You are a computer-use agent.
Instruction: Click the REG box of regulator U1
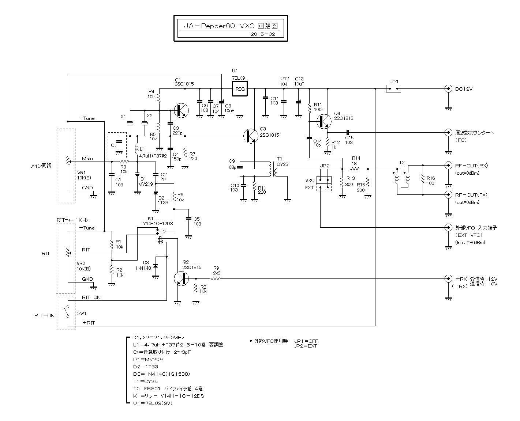click(239, 89)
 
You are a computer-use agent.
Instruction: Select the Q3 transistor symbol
click(251, 136)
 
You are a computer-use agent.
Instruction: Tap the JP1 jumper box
click(393, 88)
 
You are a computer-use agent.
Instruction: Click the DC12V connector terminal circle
click(448, 88)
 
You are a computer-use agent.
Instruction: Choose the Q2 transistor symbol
click(182, 278)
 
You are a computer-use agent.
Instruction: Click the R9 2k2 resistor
click(216, 278)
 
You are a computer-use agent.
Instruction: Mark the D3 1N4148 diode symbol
click(156, 266)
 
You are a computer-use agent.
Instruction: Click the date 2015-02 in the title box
click(263, 34)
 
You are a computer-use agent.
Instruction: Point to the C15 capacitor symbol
click(348, 132)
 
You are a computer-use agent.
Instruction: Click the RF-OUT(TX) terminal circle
click(448, 194)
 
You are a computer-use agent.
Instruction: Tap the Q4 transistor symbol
click(324, 121)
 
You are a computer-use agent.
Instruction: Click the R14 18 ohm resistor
click(355, 169)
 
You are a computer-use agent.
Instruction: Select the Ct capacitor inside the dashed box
click(119, 141)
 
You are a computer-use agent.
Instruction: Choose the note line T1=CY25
click(145, 381)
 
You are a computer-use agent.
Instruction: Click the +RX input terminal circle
click(448, 278)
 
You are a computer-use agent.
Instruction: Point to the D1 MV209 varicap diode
click(137, 175)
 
